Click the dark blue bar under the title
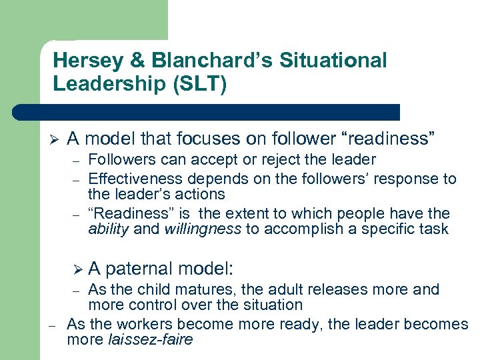click(207, 112)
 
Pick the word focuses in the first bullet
click(224, 139)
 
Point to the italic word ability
click(109, 230)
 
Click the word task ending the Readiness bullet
click(435, 230)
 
